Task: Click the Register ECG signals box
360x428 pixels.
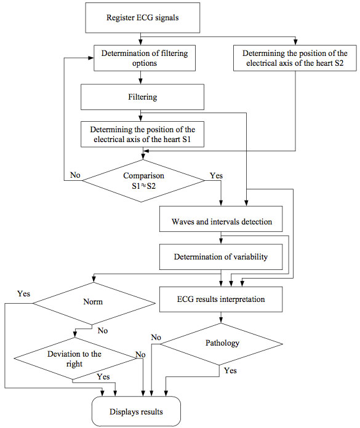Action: (x=143, y=18)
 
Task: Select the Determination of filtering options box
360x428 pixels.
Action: (x=145, y=58)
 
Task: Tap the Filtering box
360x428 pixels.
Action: (x=142, y=97)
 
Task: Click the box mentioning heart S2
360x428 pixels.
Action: (x=295, y=58)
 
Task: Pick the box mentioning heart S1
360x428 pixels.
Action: (x=142, y=134)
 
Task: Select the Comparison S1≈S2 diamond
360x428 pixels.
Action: (x=143, y=181)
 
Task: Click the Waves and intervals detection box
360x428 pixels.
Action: (x=221, y=219)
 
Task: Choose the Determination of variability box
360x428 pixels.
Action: (x=221, y=257)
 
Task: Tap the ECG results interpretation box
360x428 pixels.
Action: (x=221, y=299)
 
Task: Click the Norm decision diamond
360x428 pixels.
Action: (x=94, y=303)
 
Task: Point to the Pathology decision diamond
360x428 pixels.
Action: (x=222, y=344)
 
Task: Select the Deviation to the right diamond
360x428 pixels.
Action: (x=75, y=359)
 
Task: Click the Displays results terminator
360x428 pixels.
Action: (x=136, y=411)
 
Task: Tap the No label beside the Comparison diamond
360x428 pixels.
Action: (x=75, y=175)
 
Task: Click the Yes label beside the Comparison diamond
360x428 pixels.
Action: (x=217, y=175)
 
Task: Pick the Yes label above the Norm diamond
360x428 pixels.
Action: (x=24, y=294)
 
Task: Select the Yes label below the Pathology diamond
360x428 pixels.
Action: (x=230, y=371)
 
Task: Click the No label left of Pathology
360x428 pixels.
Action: (x=156, y=338)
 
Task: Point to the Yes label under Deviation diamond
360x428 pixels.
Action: (x=103, y=377)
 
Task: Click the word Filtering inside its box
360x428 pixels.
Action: (x=143, y=97)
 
